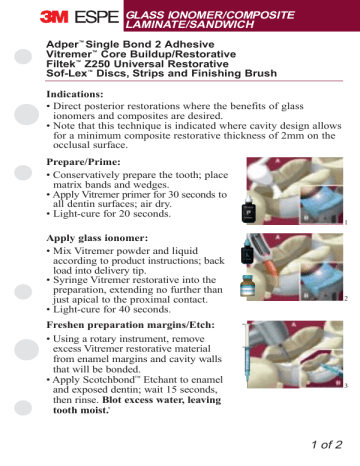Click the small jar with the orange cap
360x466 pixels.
pos(246,287)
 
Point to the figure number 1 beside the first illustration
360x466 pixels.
pos(345,223)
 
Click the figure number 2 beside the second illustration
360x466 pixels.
pos(345,299)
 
